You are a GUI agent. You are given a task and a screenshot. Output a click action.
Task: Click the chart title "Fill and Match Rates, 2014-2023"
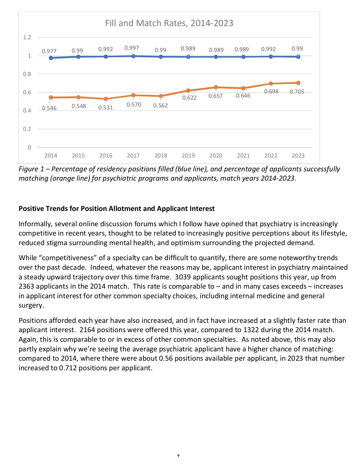tap(169, 23)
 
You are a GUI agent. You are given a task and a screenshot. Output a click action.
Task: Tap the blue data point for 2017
tap(133, 56)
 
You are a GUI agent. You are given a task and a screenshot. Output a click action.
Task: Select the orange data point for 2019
tap(188, 90)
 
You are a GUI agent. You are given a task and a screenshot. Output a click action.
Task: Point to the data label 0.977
tap(49, 51)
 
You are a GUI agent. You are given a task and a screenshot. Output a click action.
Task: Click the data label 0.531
tap(106, 108)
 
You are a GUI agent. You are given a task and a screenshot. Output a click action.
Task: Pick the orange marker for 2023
tap(298, 83)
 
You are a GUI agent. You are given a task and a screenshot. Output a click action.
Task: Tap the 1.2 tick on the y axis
tap(27, 38)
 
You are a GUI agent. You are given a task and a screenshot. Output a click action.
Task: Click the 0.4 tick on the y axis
tap(27, 111)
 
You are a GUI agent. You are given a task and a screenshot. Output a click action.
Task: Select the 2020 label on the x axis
tap(216, 156)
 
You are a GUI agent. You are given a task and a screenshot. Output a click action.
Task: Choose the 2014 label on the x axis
tap(51, 156)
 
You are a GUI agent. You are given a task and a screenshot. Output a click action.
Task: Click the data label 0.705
tap(297, 92)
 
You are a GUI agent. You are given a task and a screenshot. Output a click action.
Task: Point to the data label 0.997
tap(132, 48)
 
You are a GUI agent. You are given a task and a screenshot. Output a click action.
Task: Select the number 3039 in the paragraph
tap(183, 277)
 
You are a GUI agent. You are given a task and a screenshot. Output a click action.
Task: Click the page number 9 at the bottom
tap(178, 455)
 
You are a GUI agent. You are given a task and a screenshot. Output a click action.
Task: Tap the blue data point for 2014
tap(51, 58)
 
